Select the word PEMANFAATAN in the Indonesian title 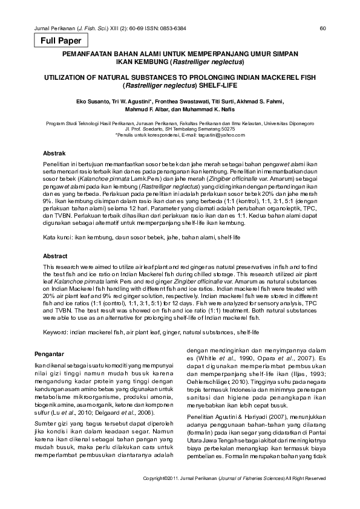pos(93,54)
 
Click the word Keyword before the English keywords pos(55,332)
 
